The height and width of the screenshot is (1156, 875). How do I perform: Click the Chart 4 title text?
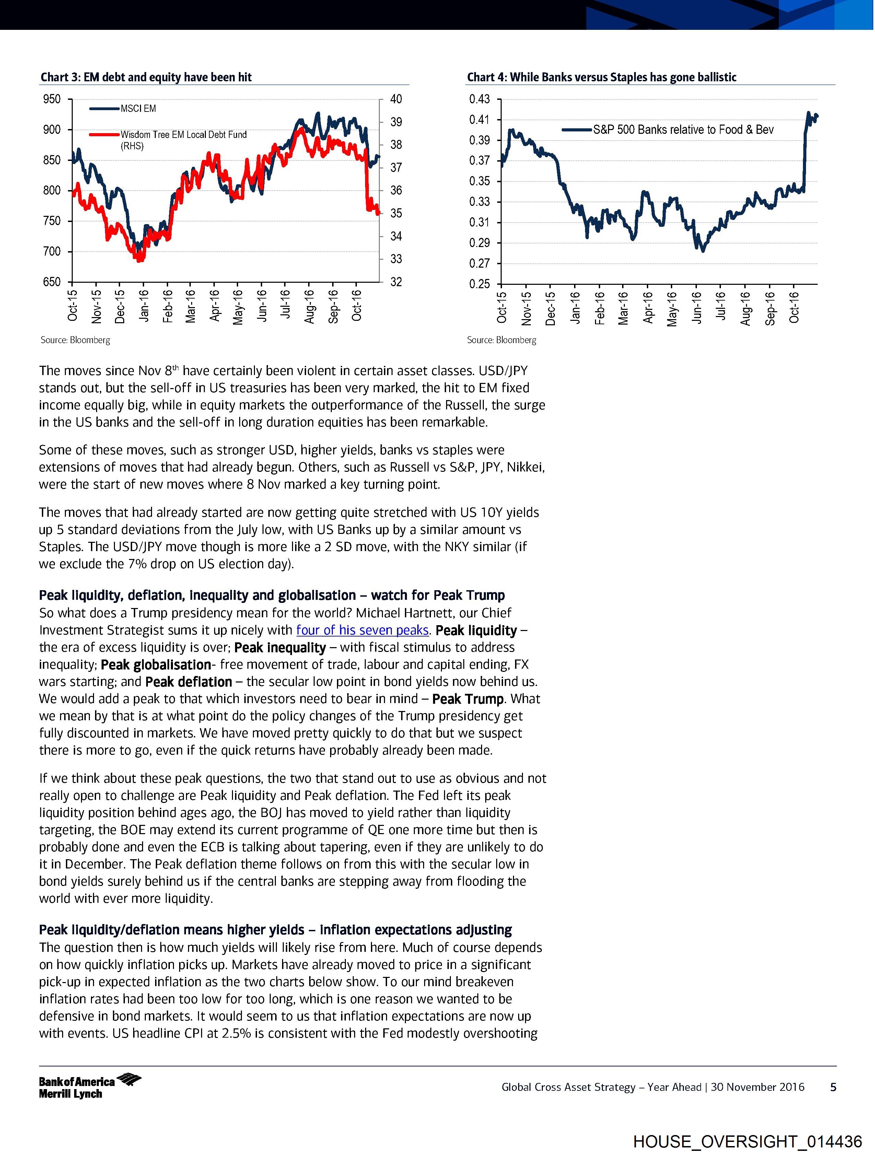coord(601,77)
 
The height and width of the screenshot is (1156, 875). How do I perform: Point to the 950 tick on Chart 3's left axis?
coord(52,99)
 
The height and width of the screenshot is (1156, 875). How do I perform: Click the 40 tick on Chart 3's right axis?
coord(396,99)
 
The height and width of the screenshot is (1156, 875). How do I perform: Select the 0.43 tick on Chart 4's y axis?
coord(479,99)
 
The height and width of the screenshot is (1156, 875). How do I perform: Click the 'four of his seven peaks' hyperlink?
coord(362,630)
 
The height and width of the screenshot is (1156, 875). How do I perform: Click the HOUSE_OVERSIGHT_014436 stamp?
coord(747,1141)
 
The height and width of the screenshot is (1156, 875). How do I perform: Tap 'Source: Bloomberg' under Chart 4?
coord(501,340)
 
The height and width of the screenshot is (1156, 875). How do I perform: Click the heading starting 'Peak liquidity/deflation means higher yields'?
coord(276,930)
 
